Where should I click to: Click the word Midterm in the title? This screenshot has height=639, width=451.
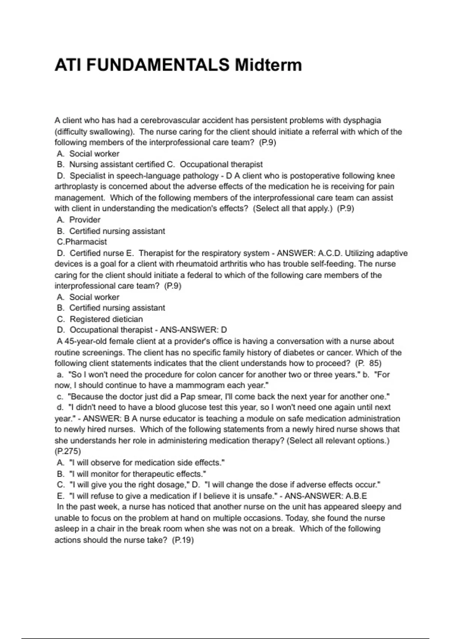pos(268,65)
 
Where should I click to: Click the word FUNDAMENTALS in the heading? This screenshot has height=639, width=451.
pos(158,65)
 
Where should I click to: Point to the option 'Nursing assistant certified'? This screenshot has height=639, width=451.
pos(117,165)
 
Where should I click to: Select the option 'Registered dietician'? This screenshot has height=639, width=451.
pos(106,319)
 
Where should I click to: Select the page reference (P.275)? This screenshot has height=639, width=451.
pos(68,451)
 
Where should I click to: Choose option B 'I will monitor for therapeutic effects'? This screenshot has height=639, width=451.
pos(138,474)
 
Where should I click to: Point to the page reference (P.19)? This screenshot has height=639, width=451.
pos(183,541)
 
